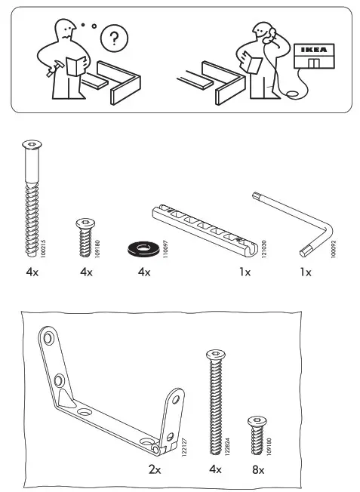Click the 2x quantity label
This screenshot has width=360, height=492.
coord(155,469)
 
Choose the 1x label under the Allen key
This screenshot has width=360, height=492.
coord(304,272)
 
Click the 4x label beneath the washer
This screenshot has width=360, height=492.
coord(145,272)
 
